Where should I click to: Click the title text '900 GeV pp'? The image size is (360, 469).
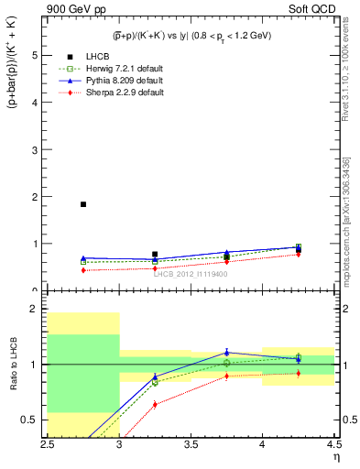pyautogui.click(x=71, y=9)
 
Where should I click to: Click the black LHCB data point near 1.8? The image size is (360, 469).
pyautogui.click(x=83, y=204)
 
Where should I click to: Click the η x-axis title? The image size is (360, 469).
pyautogui.click(x=336, y=456)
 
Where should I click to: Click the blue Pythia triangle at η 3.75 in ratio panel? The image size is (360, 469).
pyautogui.click(x=226, y=352)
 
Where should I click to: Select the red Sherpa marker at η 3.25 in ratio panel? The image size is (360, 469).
pyautogui.click(x=155, y=404)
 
